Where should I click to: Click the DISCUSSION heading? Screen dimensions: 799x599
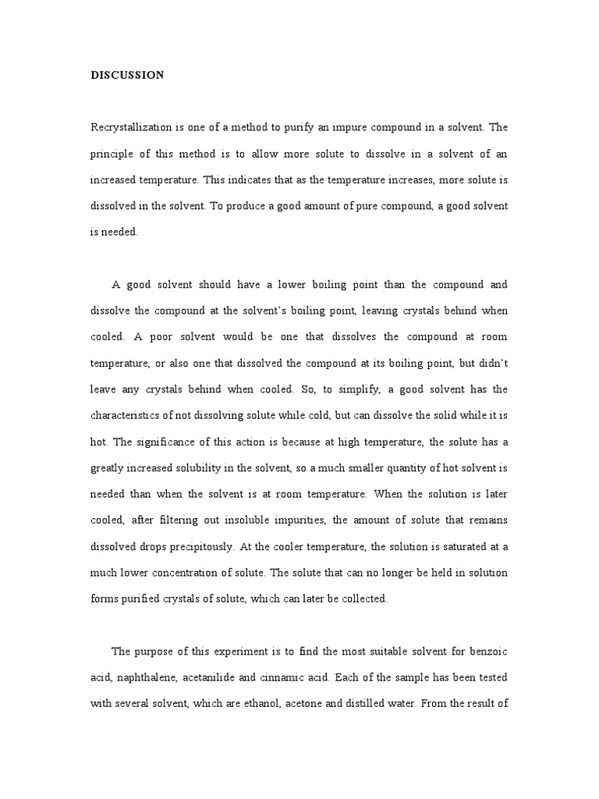[127, 76]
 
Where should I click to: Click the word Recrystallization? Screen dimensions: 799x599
[132, 126]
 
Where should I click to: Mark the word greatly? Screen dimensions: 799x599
[106, 467]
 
